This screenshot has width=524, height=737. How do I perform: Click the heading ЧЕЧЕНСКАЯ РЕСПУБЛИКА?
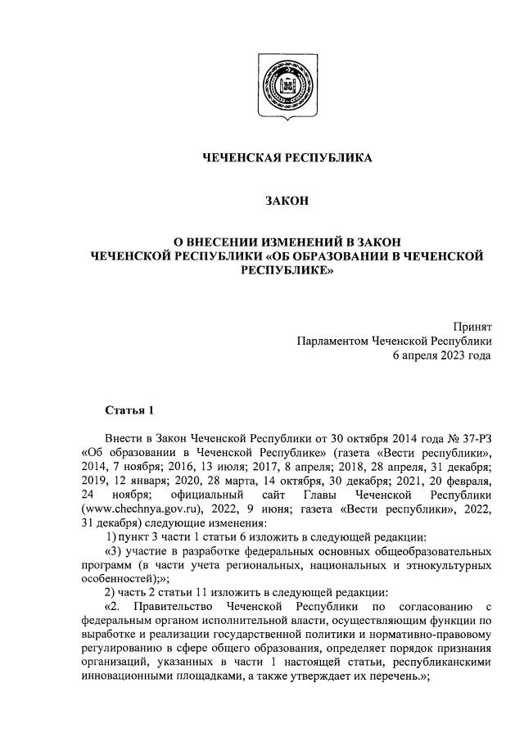tap(287, 158)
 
